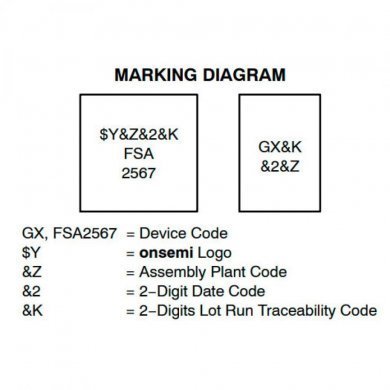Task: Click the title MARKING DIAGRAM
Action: coord(201,74)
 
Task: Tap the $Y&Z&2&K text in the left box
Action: coord(151,130)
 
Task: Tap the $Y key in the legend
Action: coord(31,252)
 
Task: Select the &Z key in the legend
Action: coord(31,271)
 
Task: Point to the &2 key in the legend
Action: coord(31,291)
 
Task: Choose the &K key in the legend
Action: coord(31,310)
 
